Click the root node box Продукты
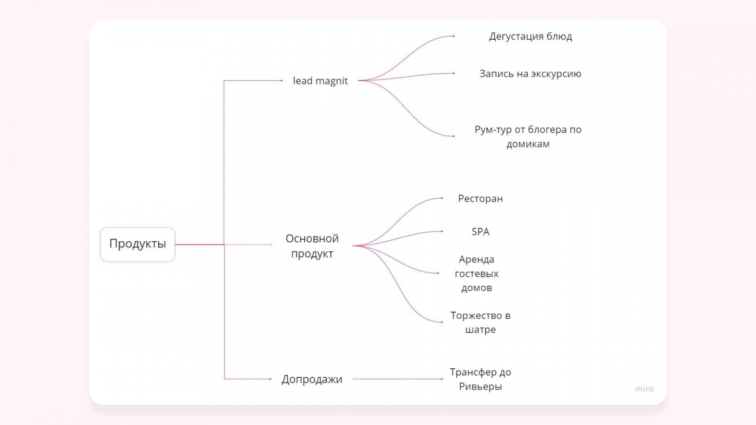[137, 244]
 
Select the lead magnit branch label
[320, 81]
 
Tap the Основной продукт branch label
[312, 246]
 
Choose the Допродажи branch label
[312, 379]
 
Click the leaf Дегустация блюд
[530, 36]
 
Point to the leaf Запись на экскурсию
[530, 74]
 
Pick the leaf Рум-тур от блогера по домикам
[528, 136]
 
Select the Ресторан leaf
[480, 199]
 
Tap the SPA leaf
[480, 232]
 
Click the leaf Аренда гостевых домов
[476, 273]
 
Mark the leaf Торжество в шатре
[480, 323]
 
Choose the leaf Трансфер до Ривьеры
[480, 379]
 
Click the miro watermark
[644, 389]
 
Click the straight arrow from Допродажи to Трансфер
[397, 379]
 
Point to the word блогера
[548, 130]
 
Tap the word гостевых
[476, 274]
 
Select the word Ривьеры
[480, 387]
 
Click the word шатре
[480, 330]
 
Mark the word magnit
[331, 81]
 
